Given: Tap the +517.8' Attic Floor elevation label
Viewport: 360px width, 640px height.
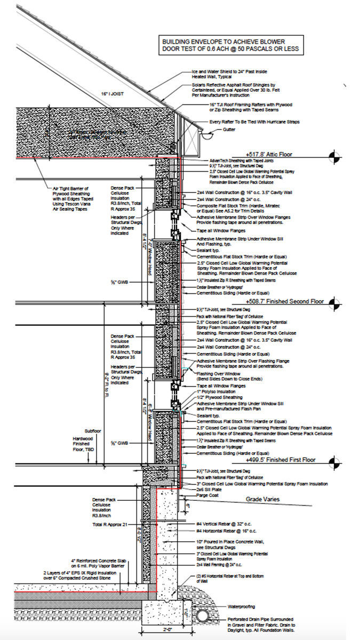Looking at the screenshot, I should pos(277,154).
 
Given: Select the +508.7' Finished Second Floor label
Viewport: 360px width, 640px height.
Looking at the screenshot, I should pos(285,302).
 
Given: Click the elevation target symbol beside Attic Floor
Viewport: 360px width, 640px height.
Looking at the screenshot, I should pos(334,156).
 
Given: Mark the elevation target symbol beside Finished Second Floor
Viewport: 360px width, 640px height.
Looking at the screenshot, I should pos(334,303).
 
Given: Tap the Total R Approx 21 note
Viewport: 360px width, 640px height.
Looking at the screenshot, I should pos(110,525).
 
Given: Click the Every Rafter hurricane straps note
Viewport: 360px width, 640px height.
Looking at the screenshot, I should pos(254,122).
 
